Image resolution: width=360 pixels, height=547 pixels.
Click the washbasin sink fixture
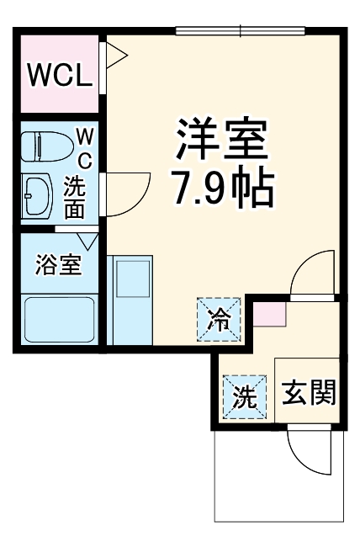point(39,195)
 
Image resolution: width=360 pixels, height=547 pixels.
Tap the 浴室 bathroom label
point(58,265)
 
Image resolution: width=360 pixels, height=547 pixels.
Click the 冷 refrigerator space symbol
point(218,320)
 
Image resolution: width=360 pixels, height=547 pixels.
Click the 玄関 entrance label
point(310,391)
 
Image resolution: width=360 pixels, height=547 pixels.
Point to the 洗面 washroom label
point(75,199)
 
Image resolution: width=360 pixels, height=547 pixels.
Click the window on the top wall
point(240,32)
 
